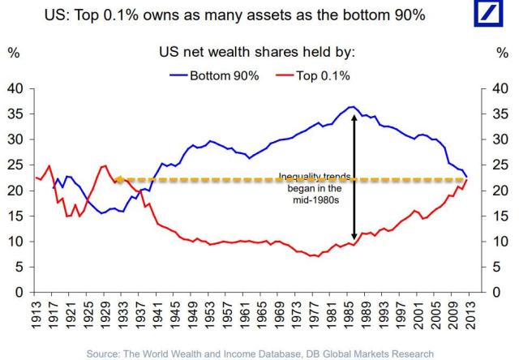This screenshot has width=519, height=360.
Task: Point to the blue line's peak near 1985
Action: point(350,106)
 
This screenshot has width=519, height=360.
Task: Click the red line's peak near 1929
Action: point(105,165)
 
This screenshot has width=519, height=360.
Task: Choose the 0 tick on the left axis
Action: point(19,292)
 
